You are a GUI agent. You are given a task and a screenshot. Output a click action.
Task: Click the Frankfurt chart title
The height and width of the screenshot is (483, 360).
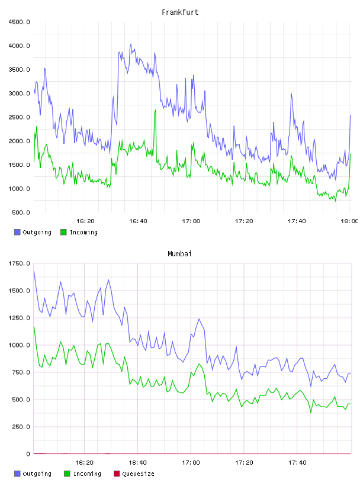[180, 12]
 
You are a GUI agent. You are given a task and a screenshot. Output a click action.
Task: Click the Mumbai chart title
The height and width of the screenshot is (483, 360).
[179, 253]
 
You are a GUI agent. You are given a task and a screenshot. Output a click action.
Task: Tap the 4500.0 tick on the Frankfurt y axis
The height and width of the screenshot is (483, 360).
[19, 22]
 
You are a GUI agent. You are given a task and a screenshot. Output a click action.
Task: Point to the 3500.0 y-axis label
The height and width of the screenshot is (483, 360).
[19, 70]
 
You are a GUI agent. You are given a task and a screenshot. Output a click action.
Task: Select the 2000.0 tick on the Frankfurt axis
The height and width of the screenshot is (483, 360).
[19, 141]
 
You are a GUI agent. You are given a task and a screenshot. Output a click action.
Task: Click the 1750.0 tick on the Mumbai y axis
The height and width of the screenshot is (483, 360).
[19, 263]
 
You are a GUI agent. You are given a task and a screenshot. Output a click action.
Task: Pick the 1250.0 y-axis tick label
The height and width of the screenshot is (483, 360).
[19, 318]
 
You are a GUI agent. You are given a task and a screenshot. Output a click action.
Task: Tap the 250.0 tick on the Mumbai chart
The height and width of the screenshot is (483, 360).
[21, 427]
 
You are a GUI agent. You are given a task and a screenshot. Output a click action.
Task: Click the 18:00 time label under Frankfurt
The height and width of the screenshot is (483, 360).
[349, 221]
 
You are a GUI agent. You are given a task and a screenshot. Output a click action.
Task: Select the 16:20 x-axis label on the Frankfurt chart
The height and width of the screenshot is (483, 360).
[85, 221]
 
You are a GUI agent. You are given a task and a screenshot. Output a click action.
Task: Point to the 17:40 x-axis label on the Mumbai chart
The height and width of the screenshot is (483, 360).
[297, 462]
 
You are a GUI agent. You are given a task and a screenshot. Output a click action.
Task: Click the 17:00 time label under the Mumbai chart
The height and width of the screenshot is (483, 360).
[191, 462]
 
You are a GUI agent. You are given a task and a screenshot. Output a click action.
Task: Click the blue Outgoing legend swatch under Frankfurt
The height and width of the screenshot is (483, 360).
[17, 232]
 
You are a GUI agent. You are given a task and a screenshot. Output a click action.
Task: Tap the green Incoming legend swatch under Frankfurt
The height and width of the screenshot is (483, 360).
[63, 232]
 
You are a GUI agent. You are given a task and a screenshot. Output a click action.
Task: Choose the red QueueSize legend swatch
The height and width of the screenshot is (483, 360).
[117, 474]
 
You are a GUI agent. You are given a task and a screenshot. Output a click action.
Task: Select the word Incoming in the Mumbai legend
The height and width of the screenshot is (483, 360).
[87, 474]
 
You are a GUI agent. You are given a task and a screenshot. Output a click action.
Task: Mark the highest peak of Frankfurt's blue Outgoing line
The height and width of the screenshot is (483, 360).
[131, 44]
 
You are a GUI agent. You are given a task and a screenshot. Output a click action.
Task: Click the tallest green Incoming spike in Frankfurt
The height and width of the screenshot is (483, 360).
[155, 110]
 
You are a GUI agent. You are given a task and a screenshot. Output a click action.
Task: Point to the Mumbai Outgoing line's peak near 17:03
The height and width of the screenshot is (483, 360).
[199, 319]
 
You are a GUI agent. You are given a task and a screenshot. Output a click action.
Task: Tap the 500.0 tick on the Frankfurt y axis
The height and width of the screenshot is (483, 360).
[21, 212]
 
